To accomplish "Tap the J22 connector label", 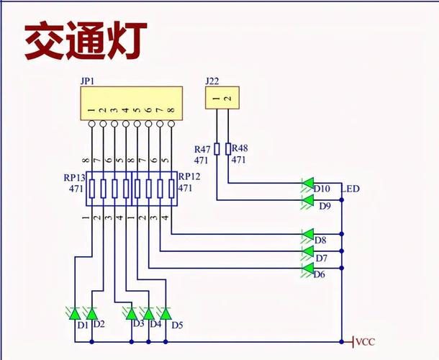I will tap(212, 82).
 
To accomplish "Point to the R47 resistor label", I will tap(202, 149).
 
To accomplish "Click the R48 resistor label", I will tap(239, 149).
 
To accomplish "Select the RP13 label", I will tap(75, 177).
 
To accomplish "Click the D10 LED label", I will tap(322, 189).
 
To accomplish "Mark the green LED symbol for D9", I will tap(307, 201).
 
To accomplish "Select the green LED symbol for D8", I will tap(307, 235).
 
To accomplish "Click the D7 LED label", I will tap(321, 257).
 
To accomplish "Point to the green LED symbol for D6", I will tap(307, 269).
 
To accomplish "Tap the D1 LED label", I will tap(83, 325).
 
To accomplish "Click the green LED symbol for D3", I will tap(131, 313).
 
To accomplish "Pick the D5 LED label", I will tap(178, 325).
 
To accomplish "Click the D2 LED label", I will tap(100, 324).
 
